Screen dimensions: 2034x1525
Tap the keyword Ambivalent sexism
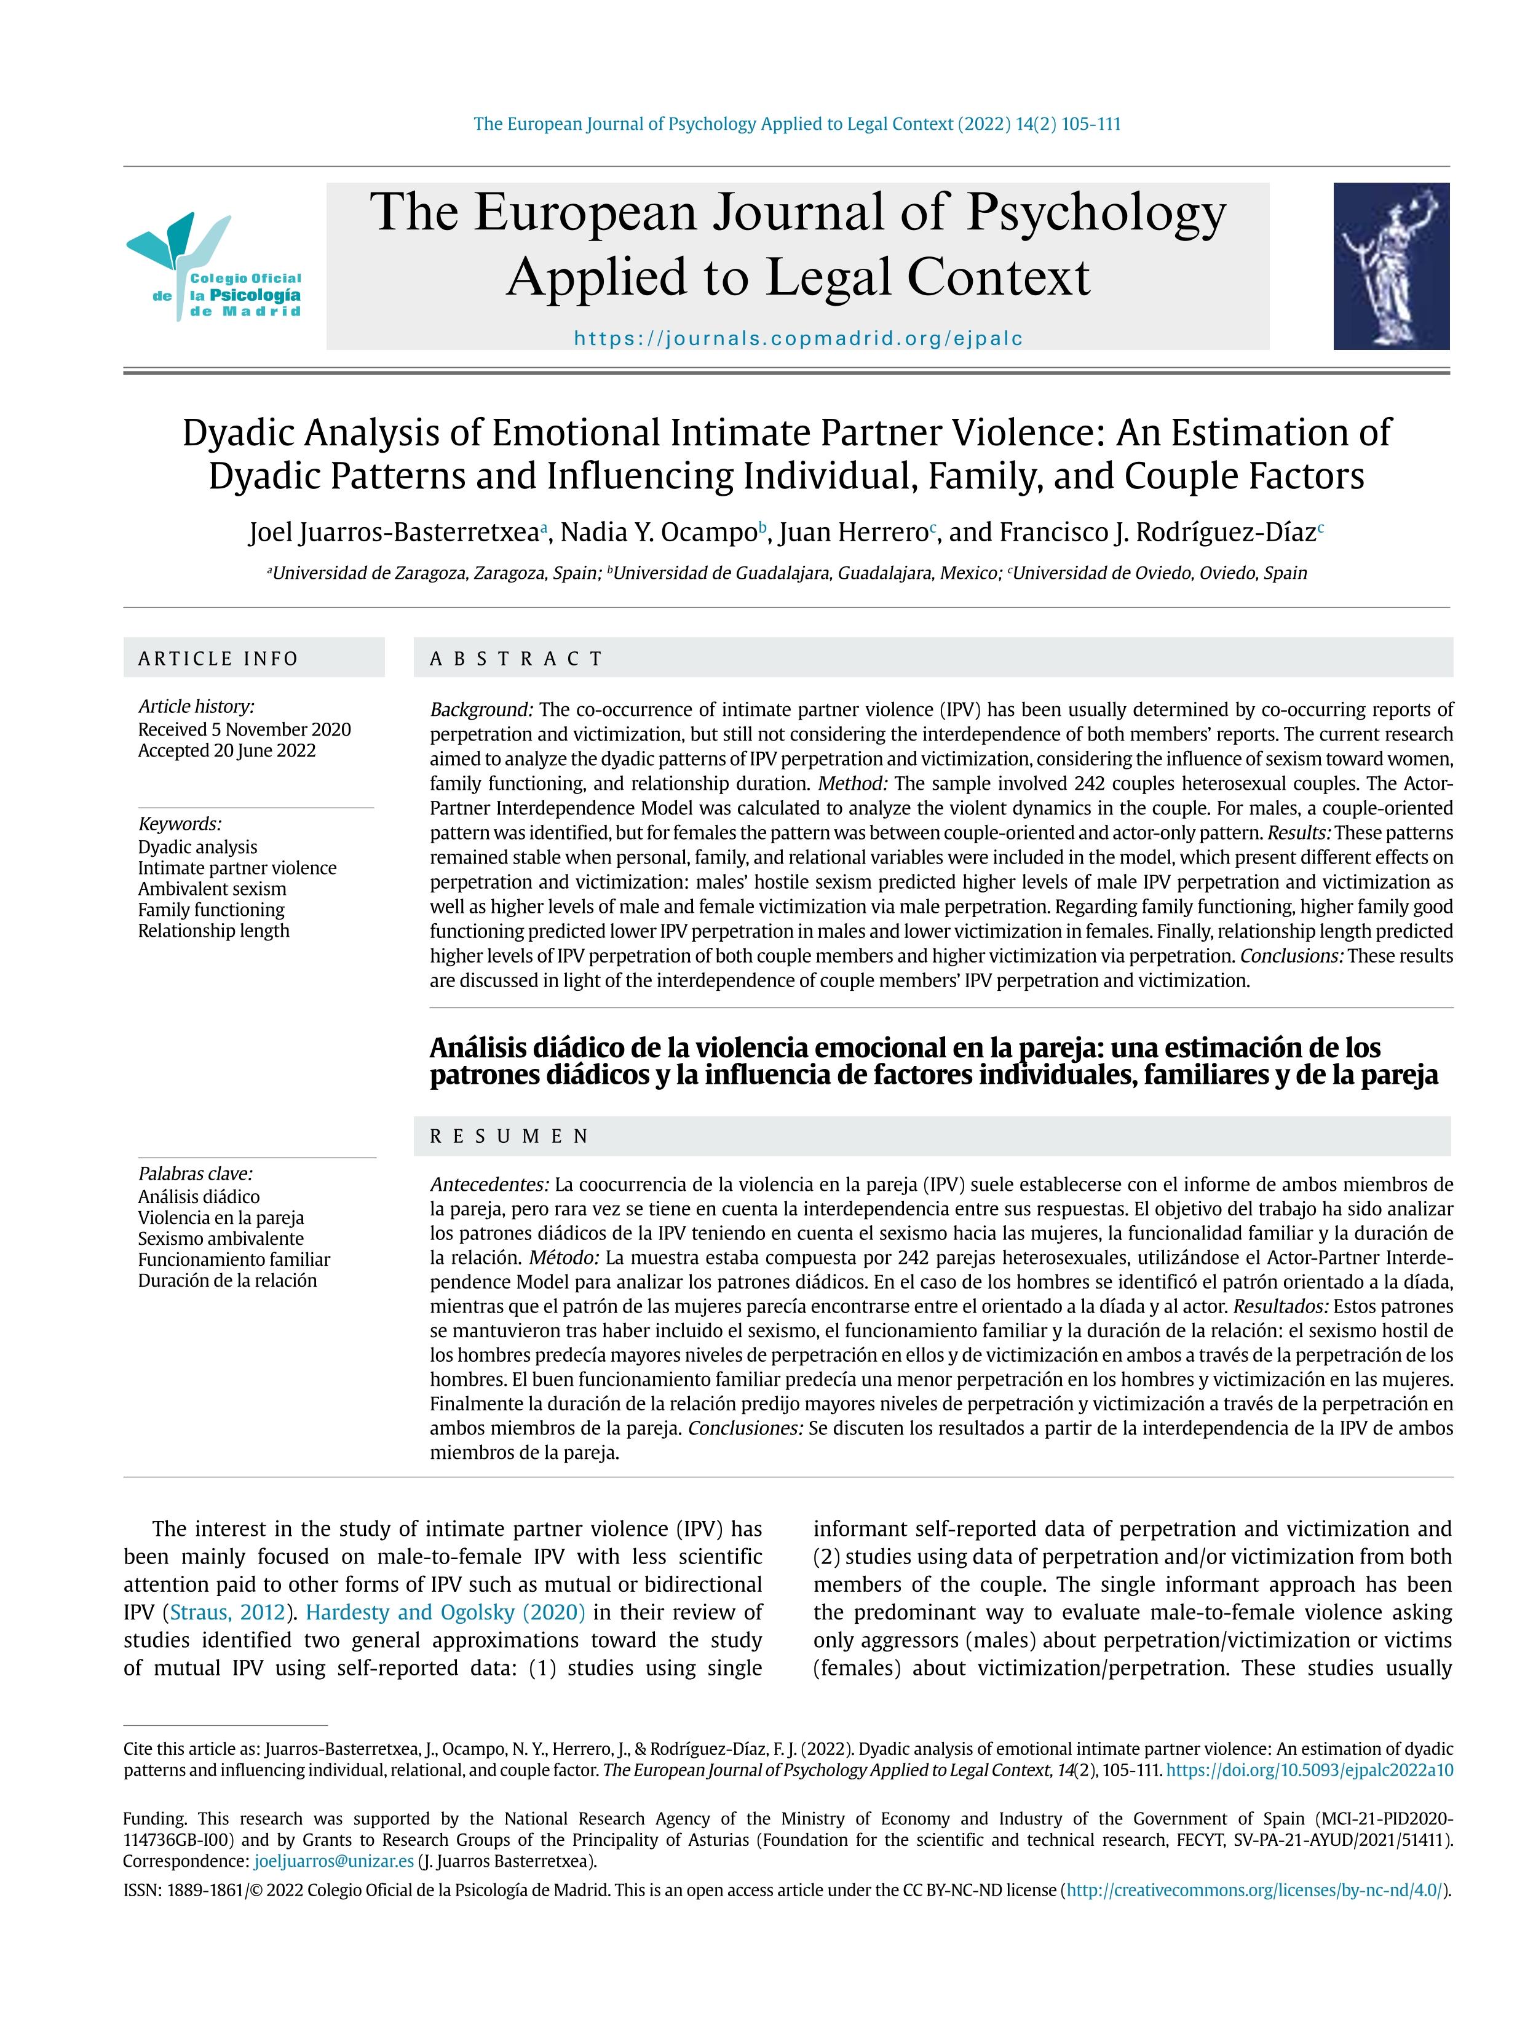212,888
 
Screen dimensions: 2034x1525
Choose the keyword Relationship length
213,931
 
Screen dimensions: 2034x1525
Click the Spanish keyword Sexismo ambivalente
221,1239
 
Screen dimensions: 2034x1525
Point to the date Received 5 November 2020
245,729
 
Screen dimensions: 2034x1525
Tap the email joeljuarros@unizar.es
334,1861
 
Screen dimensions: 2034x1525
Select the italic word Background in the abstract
481,710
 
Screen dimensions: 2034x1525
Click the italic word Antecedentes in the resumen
489,1185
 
